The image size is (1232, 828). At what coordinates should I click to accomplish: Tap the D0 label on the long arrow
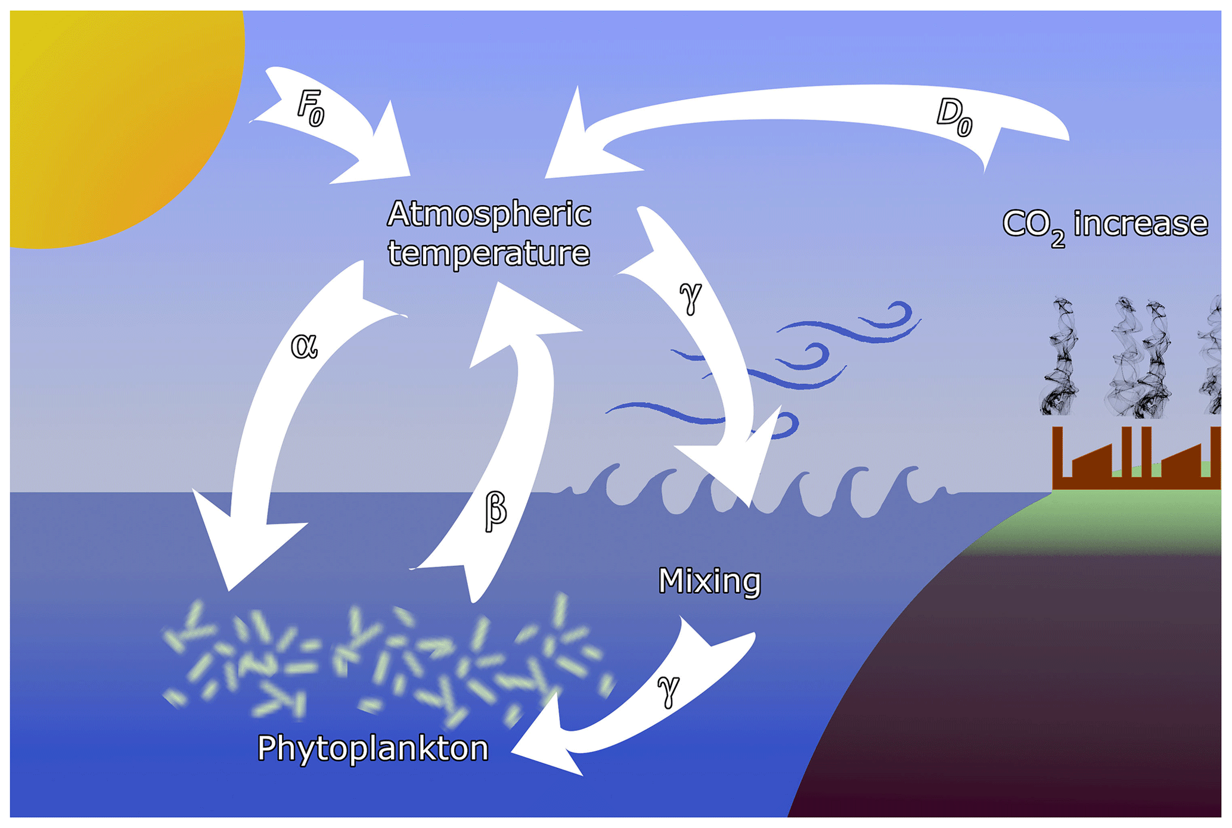tap(954, 117)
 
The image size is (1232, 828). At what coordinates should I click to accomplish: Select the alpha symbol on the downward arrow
tap(304, 345)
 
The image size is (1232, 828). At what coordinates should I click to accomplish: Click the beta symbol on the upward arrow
tap(495, 510)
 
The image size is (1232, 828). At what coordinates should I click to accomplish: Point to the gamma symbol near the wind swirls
tap(690, 296)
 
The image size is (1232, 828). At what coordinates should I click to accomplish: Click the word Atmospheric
tap(489, 214)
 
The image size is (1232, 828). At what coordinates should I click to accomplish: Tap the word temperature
tap(489, 253)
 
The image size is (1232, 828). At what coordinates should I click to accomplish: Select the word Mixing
tap(709, 581)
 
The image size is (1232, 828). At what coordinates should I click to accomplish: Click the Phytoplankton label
tap(373, 749)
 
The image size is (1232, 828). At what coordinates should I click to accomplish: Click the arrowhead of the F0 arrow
tap(381, 155)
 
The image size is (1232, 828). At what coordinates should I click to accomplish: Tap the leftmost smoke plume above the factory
tap(1060, 357)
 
